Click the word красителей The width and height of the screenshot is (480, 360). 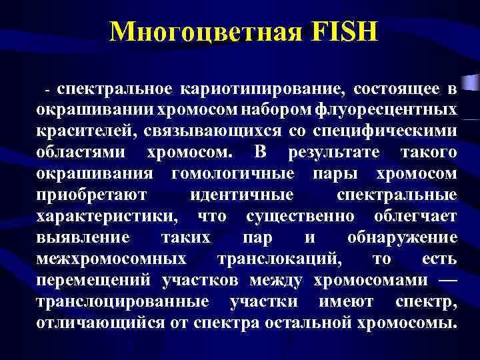tap(83, 131)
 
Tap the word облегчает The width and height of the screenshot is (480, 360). tap(416, 217)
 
